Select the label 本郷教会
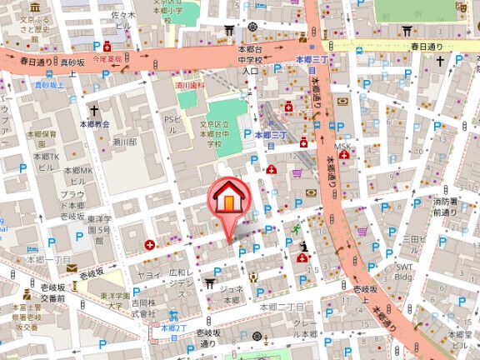point(94,123)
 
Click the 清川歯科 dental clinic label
point(188,83)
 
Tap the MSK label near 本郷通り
point(343,147)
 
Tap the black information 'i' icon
point(304,246)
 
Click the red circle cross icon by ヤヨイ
point(149,245)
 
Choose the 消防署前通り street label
point(444,207)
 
